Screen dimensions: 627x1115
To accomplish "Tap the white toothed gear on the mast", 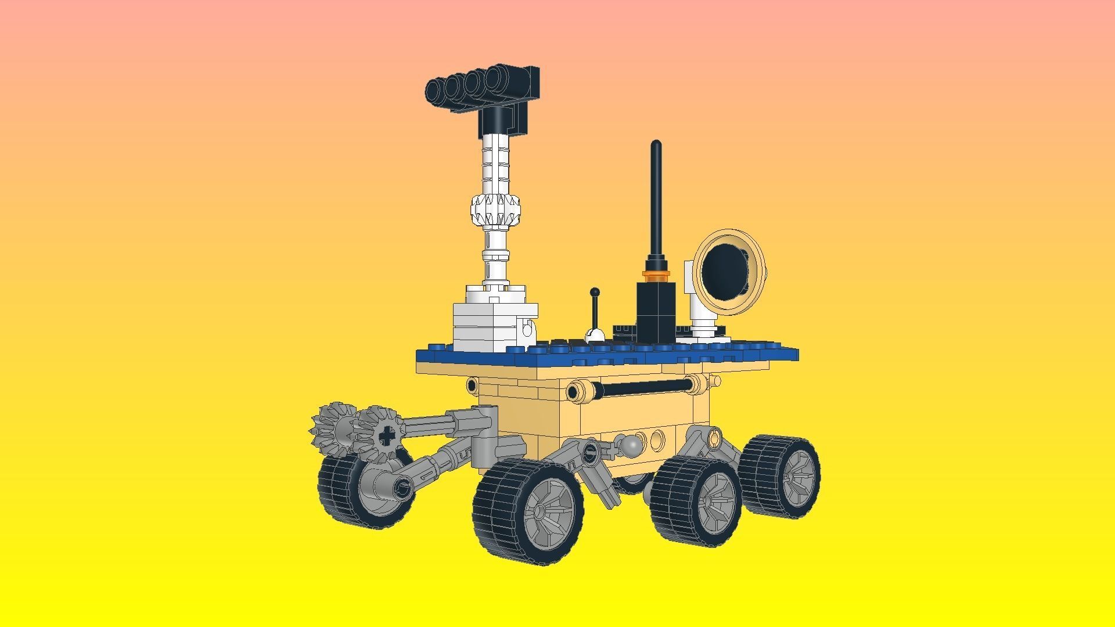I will tap(495, 210).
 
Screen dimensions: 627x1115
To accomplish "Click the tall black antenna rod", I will tap(656, 203).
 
